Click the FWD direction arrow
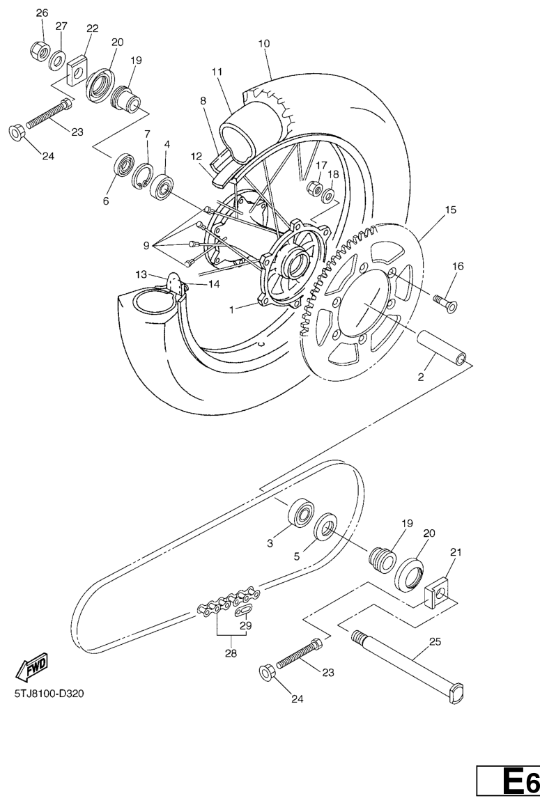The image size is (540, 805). (x=33, y=667)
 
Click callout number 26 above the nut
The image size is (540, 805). (x=42, y=13)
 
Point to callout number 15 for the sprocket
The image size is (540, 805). (x=451, y=210)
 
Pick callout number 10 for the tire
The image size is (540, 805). (x=263, y=44)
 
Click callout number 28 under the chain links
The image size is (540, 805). (x=231, y=654)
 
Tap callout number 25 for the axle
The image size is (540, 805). (x=435, y=641)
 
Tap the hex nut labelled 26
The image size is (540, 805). (x=40, y=50)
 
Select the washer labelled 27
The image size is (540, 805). (x=56, y=61)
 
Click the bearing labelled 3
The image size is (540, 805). (x=301, y=512)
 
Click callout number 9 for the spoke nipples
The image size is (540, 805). (x=146, y=246)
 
